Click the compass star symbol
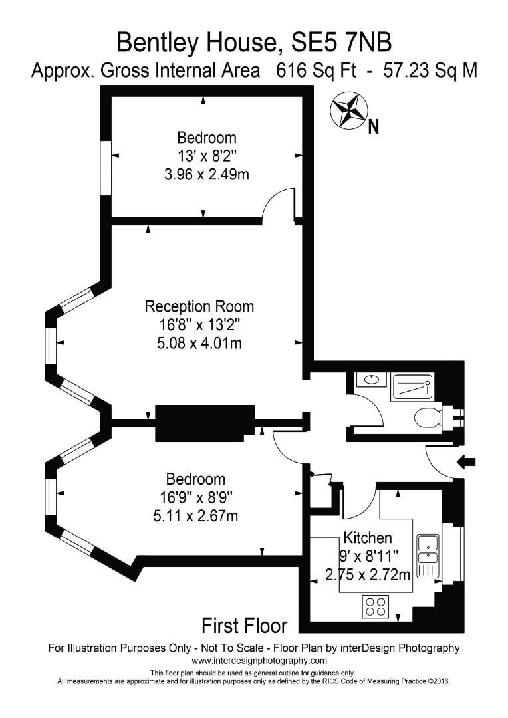point(349,109)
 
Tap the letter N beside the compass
point(374,126)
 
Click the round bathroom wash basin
point(368,381)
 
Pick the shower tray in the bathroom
point(412,386)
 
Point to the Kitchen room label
point(367,538)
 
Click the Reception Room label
point(199,306)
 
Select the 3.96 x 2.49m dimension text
point(206,174)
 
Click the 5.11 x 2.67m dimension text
point(195,515)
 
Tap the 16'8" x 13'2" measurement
point(199,326)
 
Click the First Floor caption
point(244,626)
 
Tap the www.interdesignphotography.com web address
point(259,661)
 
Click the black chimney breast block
point(205,423)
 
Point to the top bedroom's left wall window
point(105,168)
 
